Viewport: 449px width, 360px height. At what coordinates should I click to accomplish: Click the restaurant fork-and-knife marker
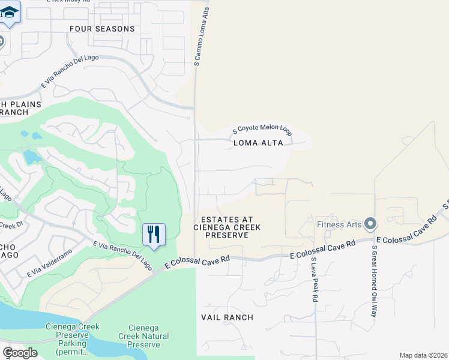click(154, 233)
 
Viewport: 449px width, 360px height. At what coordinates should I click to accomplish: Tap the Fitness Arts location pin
click(370, 224)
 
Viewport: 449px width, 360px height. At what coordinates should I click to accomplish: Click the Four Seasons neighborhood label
click(102, 29)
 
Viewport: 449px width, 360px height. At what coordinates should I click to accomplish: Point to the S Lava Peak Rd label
click(314, 280)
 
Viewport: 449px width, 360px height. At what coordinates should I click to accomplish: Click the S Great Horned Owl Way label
click(373, 281)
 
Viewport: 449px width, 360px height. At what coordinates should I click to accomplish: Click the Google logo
click(20, 353)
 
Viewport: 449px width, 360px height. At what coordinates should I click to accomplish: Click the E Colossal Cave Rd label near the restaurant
click(198, 260)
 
